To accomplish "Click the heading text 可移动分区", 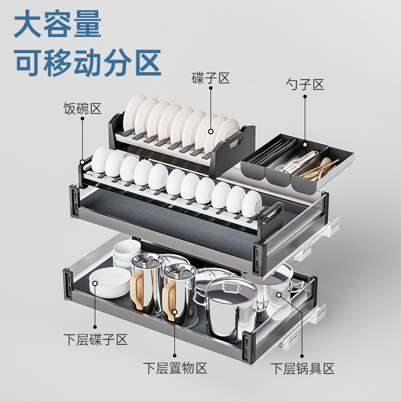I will pos(88,62).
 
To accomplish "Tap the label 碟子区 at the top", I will pos(211,78).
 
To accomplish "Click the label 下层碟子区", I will pos(95,340).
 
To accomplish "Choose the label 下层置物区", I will pos(175,369).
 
